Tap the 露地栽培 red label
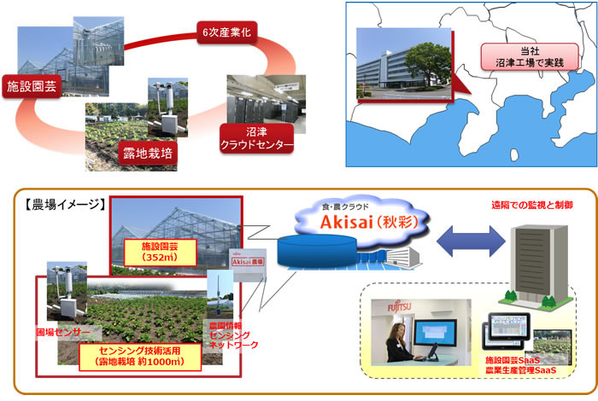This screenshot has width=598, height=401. (146, 156)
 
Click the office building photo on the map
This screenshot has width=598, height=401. (407, 63)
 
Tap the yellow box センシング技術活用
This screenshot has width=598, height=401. (142, 355)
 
